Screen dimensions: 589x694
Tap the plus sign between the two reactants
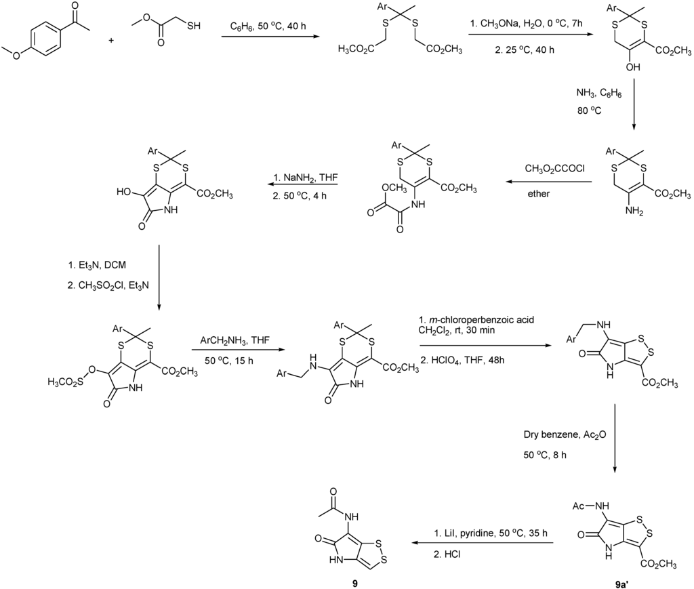(x=112, y=40)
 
